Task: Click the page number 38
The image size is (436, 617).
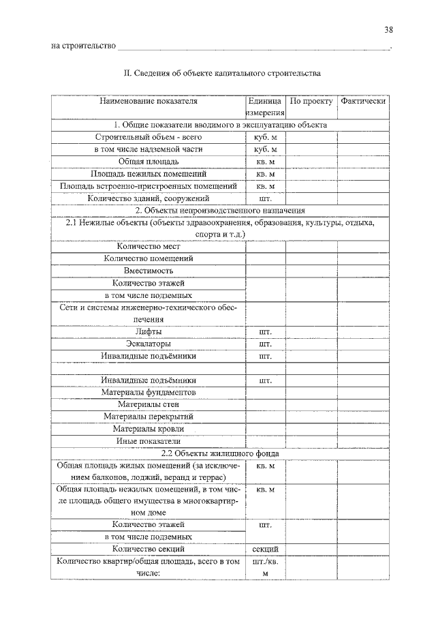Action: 388,29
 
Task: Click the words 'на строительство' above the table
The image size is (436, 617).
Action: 84,46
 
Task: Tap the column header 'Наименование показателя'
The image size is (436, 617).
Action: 149,101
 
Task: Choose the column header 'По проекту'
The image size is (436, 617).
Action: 311,101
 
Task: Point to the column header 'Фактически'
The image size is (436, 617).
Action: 364,101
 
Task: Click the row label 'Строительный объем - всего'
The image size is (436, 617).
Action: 149,136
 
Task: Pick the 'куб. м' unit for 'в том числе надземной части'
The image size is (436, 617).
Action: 265,149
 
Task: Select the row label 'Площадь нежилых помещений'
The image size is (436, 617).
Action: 149,173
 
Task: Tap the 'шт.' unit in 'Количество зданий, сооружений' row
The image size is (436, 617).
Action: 265,198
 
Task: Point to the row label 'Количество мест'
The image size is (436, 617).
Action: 149,247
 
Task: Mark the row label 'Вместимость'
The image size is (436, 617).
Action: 149,271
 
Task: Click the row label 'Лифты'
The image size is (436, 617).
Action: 149,331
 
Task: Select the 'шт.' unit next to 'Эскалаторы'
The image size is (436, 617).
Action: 265,344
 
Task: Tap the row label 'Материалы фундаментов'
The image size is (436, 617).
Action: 149,393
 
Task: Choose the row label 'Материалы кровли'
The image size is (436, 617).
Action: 149,429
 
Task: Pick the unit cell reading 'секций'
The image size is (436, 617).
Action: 265,548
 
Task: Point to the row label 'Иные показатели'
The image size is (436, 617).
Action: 149,441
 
